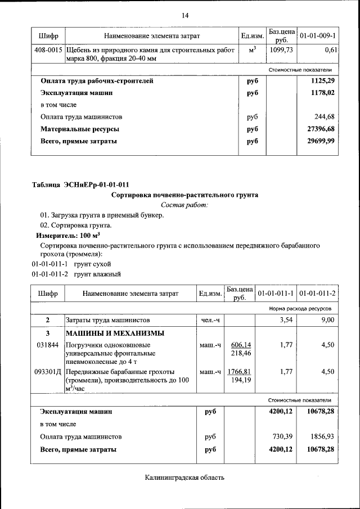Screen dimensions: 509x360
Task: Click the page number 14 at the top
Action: tap(184, 15)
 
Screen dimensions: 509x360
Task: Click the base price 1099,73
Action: tap(281, 51)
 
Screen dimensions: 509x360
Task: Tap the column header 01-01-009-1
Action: tap(318, 36)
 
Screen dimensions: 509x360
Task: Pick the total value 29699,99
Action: tap(321, 142)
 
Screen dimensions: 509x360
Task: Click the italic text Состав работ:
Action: tap(184, 205)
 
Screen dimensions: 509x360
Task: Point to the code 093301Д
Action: tap(47, 372)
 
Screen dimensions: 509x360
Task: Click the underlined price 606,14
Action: tap(240, 345)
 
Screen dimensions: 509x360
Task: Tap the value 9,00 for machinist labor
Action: tap(327, 320)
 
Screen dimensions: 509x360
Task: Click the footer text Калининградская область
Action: tap(184, 478)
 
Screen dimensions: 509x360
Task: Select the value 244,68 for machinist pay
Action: tap(325, 117)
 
